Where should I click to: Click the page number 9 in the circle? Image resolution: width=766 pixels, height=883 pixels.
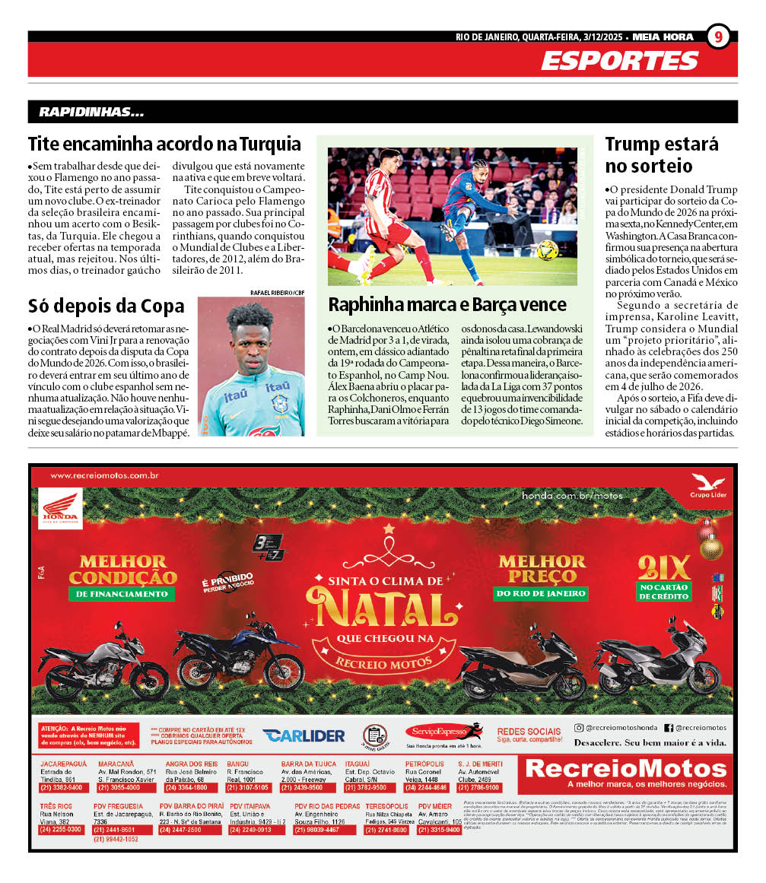pyautogui.click(x=719, y=37)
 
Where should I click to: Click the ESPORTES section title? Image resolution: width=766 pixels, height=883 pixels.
pyautogui.click(x=619, y=61)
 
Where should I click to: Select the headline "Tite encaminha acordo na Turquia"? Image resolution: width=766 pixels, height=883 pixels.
pyautogui.click(x=164, y=144)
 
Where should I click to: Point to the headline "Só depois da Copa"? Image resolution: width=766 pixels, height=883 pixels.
pyautogui.click(x=106, y=306)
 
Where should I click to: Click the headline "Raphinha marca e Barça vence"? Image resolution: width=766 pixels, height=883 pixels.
pyautogui.click(x=447, y=304)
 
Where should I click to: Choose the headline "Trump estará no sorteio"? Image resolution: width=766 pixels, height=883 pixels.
pyautogui.click(x=661, y=154)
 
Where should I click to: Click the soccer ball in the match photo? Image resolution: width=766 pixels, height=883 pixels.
pyautogui.click(x=548, y=249)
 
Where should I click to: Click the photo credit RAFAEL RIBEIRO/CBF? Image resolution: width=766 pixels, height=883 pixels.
pyautogui.click(x=277, y=292)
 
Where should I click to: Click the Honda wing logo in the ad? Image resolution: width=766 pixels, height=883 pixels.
pyautogui.click(x=60, y=507)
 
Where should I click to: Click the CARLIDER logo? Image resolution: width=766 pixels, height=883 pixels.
pyautogui.click(x=304, y=735)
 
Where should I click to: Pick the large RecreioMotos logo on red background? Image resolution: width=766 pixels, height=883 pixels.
pyautogui.click(x=626, y=770)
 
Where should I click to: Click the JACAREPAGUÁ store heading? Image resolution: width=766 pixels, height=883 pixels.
pyautogui.click(x=64, y=763)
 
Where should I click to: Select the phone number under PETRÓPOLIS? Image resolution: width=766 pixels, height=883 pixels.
pyautogui.click(x=427, y=788)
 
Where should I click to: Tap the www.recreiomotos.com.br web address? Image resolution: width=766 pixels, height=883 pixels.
pyautogui.click(x=104, y=476)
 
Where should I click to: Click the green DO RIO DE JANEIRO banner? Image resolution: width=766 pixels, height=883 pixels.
pyautogui.click(x=541, y=592)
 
